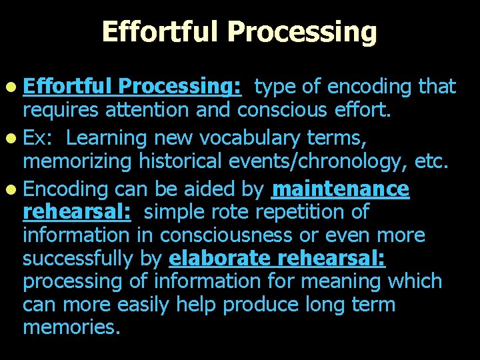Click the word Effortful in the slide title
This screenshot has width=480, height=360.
(159, 31)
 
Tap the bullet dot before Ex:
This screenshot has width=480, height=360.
(14, 139)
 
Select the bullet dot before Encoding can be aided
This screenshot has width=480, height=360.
(14, 190)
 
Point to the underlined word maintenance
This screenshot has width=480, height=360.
(341, 189)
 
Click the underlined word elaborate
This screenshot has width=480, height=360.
(220, 258)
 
